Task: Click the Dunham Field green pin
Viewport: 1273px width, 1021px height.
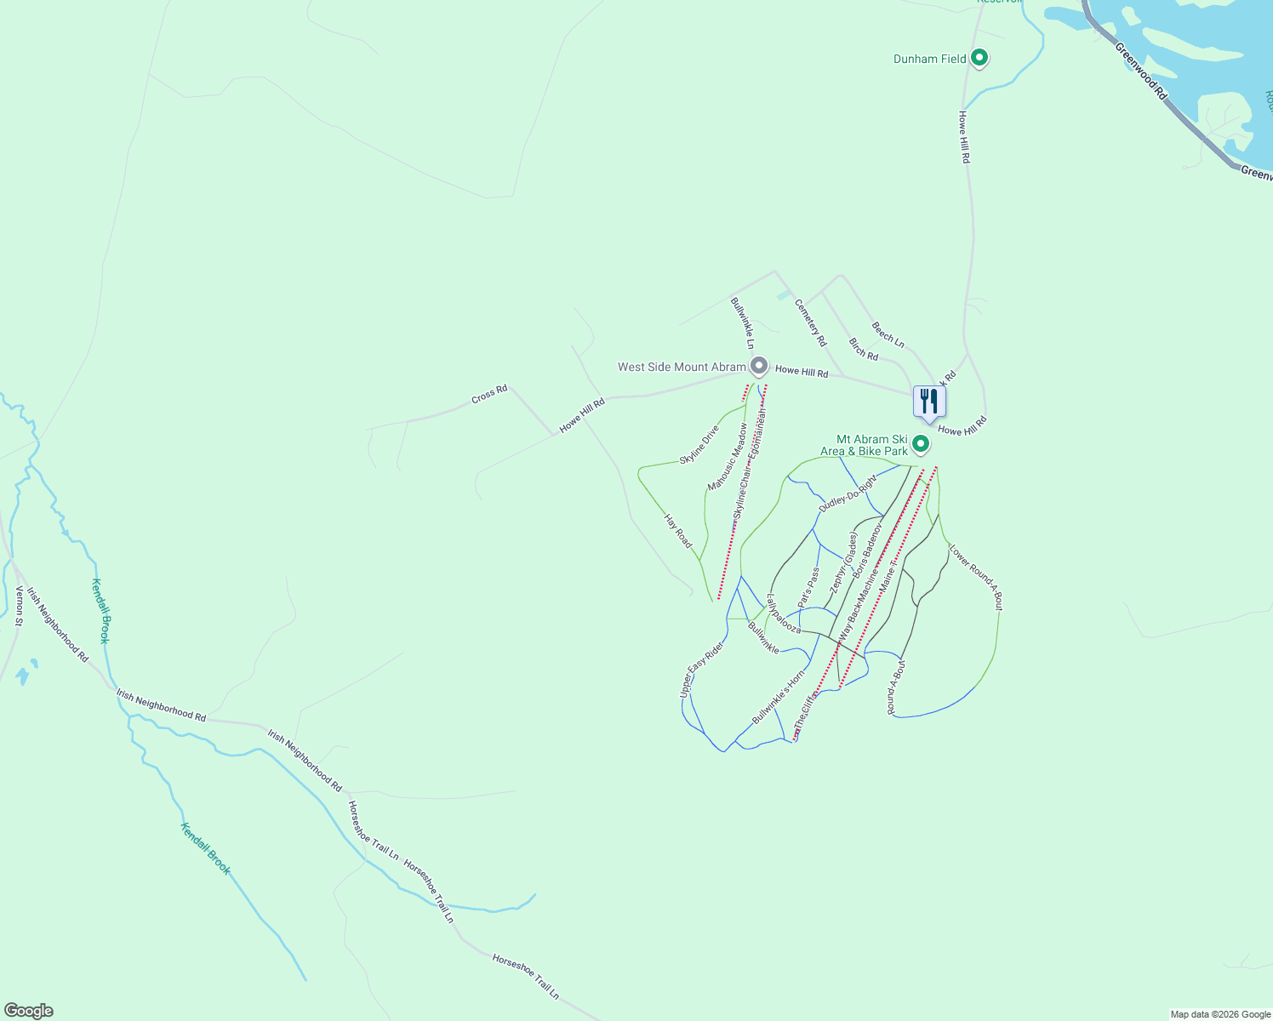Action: click(x=979, y=58)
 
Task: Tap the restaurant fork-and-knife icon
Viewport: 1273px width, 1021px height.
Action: click(x=929, y=401)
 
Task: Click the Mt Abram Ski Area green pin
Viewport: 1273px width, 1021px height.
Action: click(x=920, y=444)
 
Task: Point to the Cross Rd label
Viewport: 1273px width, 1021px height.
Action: click(x=489, y=395)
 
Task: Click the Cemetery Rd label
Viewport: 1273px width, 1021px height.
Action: click(x=810, y=322)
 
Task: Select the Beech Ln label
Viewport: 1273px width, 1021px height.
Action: click(x=888, y=334)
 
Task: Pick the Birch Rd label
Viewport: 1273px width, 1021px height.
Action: click(x=863, y=349)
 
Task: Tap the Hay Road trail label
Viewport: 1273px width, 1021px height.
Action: click(x=678, y=531)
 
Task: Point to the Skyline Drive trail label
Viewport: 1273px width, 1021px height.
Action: click(x=699, y=444)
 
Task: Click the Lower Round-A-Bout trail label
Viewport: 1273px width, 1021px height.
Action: click(x=976, y=578)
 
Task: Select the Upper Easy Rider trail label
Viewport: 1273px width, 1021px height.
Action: click(x=702, y=670)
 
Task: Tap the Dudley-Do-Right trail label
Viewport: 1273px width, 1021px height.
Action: click(x=847, y=493)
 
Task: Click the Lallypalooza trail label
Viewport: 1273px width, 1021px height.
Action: click(x=784, y=613)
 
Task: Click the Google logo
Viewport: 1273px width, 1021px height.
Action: click(x=28, y=1011)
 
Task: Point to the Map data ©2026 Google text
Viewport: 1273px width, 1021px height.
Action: click(x=1220, y=1014)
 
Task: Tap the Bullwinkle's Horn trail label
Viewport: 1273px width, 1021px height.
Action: click(x=778, y=698)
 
